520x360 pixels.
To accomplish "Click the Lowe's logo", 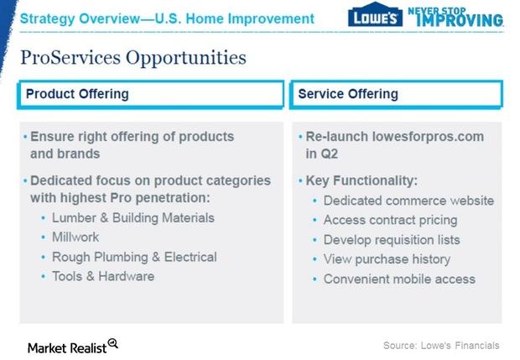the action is (x=375, y=14).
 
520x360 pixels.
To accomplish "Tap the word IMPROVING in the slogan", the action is (x=460, y=20).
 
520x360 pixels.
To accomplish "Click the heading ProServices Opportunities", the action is (x=133, y=58).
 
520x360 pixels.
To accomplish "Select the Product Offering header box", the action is (x=151, y=94).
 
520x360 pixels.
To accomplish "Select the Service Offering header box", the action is (x=397, y=94).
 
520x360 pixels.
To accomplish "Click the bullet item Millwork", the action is (x=75, y=237).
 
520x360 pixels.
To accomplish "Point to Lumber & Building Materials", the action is (x=133, y=218).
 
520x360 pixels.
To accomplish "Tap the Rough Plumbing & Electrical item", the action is (x=134, y=257).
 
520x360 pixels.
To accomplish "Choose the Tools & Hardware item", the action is (x=103, y=276).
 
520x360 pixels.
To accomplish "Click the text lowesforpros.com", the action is (x=428, y=137).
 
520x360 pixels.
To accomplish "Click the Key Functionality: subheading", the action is (x=361, y=180).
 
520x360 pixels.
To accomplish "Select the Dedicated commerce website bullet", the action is (x=408, y=201).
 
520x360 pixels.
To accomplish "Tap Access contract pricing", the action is (x=390, y=220).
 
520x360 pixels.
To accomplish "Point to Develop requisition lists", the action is (x=392, y=240).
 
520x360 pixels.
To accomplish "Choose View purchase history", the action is (x=387, y=259).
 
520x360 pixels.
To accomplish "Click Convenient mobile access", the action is (x=399, y=279).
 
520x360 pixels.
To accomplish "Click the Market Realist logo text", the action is (x=67, y=348).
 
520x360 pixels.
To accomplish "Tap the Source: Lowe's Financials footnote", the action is (x=441, y=346).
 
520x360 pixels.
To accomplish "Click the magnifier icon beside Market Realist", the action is (x=113, y=343).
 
